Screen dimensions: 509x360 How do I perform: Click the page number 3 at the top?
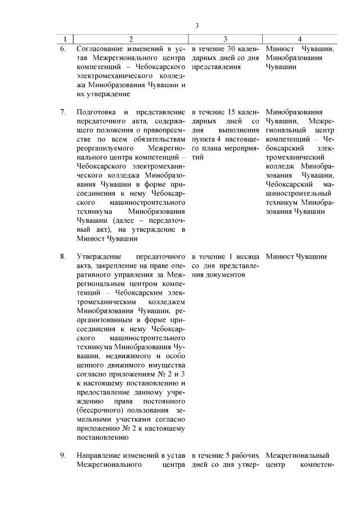[x=197, y=25]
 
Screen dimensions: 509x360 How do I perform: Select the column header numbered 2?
[x=131, y=39]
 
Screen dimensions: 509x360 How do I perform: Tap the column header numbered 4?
[x=300, y=39]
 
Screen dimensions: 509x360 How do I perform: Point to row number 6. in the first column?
[x=63, y=48]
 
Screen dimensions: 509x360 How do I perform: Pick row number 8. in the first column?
[x=63, y=256]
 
